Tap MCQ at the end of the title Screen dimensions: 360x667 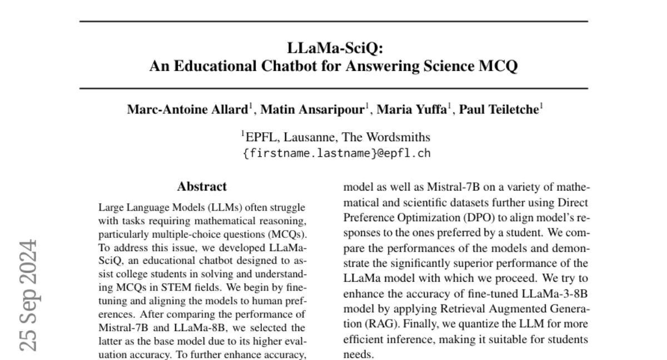tap(500, 67)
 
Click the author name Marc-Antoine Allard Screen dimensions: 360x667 tap(186, 110)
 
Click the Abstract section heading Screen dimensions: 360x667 tap(202, 187)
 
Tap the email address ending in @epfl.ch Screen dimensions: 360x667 tap(337, 153)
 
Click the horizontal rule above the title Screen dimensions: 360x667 tap(333, 21)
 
